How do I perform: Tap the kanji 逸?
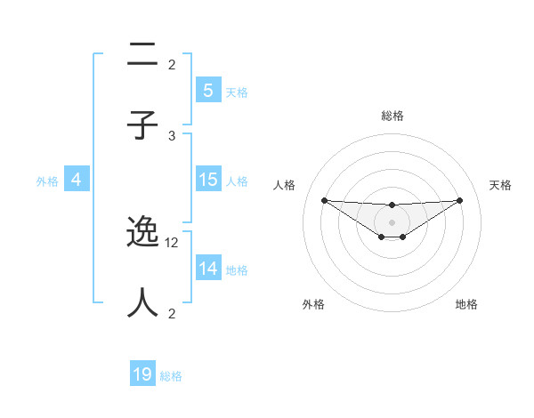143,233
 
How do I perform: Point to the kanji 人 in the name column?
143,302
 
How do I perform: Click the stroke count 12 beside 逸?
173,243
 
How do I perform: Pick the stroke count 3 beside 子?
173,135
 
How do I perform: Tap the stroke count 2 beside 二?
173,65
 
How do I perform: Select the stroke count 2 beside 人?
173,313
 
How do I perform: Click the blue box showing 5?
207,90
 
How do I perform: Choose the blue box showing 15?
207,180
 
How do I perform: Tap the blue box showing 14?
207,269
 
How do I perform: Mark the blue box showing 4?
77,180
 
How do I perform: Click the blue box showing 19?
142,374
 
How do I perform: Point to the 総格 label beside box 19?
171,376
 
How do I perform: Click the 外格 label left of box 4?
47,181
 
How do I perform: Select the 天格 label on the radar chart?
501,185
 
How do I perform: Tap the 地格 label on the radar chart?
466,304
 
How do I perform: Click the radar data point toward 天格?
460,200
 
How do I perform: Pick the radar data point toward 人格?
324,200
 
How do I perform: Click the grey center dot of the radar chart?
392,221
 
